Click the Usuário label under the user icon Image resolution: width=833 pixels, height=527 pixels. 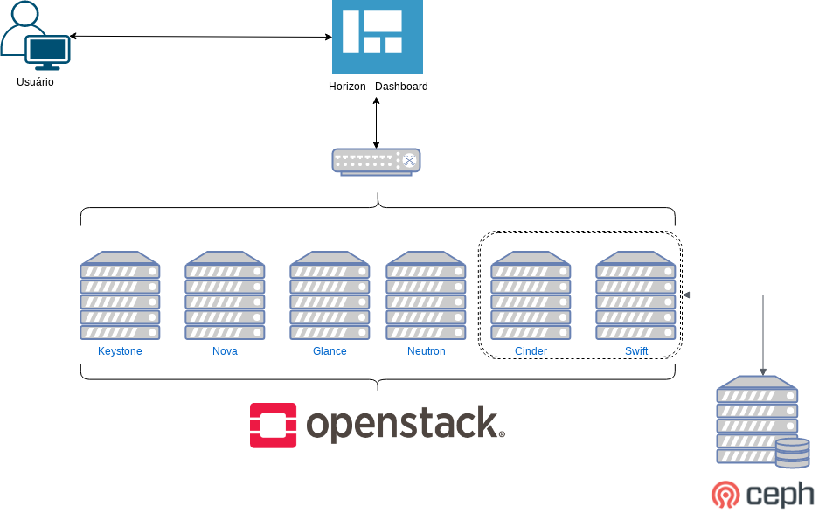pos(35,82)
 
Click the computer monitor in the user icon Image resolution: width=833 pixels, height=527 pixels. pos(48,52)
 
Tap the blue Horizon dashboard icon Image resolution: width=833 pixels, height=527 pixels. pos(378,37)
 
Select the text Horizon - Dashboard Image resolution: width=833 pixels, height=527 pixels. pos(378,87)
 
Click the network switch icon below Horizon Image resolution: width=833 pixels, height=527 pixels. pos(377,161)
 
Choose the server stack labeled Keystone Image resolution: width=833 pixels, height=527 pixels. pos(120,296)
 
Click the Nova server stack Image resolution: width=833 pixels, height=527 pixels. pos(225,296)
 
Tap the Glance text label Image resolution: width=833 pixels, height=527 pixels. pos(330,351)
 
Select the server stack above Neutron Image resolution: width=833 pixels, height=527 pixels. pos(426,296)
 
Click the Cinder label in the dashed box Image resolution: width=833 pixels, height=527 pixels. pos(531,351)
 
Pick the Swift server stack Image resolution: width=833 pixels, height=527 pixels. pos(635,296)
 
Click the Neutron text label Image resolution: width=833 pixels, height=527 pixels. pos(426,351)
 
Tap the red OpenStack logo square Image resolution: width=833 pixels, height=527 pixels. pos(274,425)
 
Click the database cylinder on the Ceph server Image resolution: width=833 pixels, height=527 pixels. pos(792,453)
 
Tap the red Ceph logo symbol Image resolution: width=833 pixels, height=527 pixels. pos(725,495)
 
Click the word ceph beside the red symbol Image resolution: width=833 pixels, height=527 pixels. pos(781,495)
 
